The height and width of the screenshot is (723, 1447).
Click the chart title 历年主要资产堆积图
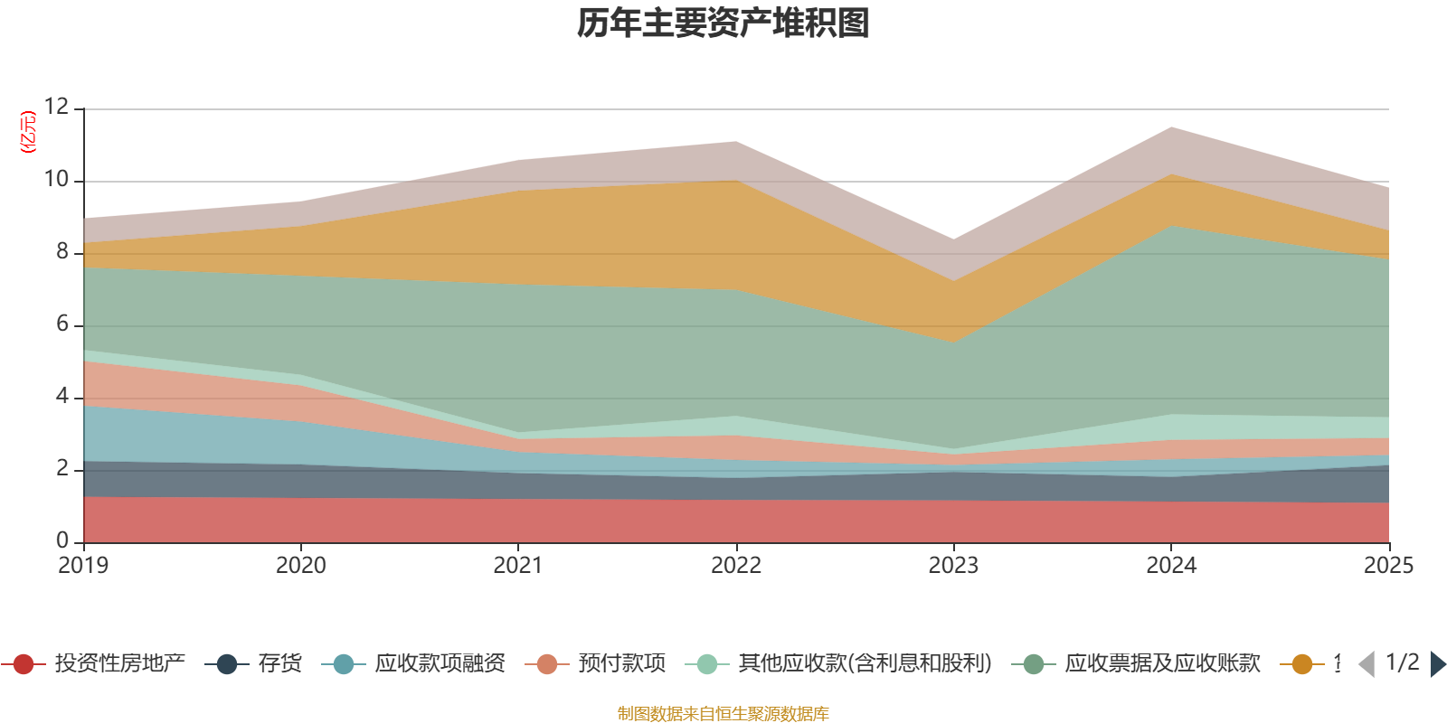coord(723,23)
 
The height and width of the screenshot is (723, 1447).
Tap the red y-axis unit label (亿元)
coord(28,132)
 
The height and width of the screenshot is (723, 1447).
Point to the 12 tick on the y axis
coord(56,108)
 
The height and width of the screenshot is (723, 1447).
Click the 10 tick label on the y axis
coord(56,180)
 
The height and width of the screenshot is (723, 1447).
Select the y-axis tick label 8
coord(62,252)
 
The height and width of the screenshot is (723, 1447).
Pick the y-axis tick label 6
coord(62,324)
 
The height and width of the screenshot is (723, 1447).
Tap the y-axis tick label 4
coord(62,397)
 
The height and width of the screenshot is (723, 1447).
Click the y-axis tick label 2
coord(62,469)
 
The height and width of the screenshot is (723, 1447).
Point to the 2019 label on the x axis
coord(83,566)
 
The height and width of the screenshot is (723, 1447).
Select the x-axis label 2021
coord(518,566)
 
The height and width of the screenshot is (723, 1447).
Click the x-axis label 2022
coord(736,566)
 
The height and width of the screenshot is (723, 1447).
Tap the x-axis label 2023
coord(953,566)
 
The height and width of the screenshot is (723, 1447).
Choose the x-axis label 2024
coord(1171,566)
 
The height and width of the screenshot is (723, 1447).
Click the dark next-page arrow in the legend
coord(1436,664)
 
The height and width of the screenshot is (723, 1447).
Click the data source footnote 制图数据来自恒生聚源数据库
coord(723,714)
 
